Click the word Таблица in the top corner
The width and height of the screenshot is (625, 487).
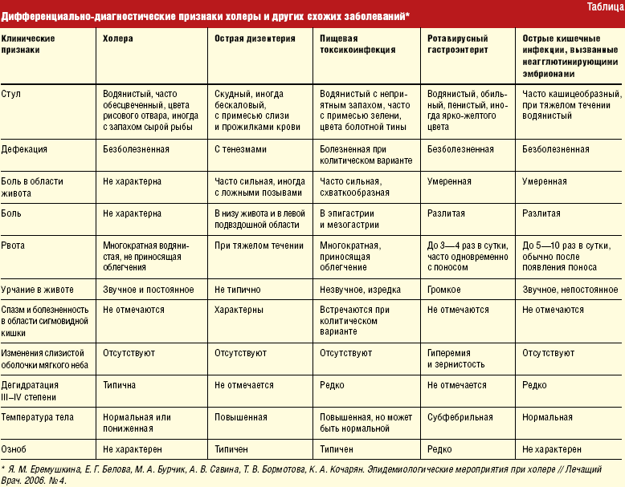tap(600, 6)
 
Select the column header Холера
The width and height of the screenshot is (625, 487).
tap(118, 38)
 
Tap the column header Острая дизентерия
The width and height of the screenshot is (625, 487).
tap(255, 38)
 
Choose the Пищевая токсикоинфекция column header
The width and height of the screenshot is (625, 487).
tap(357, 43)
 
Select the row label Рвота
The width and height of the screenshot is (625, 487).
tap(13, 244)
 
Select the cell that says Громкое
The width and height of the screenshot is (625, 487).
tap(444, 288)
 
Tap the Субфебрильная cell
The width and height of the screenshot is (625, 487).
tap(459, 417)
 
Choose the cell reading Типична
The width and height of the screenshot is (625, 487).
tap(120, 385)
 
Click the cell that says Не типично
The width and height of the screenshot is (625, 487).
tap(236, 288)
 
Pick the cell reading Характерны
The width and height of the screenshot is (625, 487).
tap(238, 309)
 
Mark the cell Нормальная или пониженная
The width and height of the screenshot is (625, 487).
tap(137, 423)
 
